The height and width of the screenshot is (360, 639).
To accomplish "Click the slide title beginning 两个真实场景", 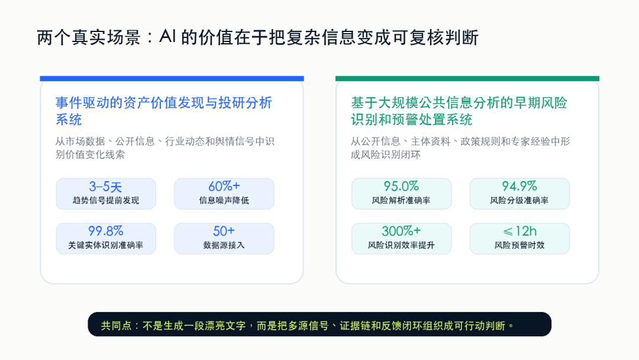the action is (257, 37).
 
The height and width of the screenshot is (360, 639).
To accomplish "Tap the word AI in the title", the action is (167, 37).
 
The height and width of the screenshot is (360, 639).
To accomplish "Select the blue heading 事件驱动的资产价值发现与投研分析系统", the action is (164, 111).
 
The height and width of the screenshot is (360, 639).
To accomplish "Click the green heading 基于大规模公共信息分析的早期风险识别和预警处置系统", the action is (459, 111).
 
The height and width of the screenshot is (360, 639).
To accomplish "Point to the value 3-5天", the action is (105, 187).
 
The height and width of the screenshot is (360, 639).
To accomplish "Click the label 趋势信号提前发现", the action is (106, 200).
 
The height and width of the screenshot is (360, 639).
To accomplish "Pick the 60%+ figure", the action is (224, 187).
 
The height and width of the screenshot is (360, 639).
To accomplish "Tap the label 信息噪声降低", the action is (224, 200).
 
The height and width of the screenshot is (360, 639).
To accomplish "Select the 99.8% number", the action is (105, 231).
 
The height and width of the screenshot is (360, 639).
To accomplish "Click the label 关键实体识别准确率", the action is (105, 245).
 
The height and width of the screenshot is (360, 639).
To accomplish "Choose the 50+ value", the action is (224, 231).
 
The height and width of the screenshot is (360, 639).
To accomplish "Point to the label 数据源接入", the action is (224, 245).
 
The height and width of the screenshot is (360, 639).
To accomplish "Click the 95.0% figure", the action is (401, 187).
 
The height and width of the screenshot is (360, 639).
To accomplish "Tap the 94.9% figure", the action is (519, 187).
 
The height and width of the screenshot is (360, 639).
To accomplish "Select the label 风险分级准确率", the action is (519, 200).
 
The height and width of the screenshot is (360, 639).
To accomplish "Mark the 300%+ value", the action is (401, 231).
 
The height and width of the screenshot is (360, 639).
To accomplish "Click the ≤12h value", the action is (519, 231).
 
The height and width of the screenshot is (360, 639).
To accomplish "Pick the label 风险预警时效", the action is (519, 245).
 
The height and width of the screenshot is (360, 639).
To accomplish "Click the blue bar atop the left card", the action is (172, 78).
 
